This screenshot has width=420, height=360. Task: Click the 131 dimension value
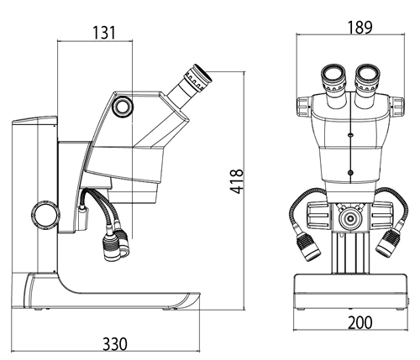[104, 33]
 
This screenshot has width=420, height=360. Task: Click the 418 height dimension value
[237, 181]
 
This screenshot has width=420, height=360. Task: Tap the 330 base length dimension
[115, 344]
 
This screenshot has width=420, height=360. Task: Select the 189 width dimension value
[360, 28]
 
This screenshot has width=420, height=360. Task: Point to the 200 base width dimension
[360, 322]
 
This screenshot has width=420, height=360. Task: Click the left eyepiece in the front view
[333, 86]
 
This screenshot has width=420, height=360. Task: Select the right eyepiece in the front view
[367, 86]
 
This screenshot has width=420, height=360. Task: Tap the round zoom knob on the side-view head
[123, 106]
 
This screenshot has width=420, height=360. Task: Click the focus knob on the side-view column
[45, 215]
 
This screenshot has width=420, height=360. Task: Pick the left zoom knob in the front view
[303, 107]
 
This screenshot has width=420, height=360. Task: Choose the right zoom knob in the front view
[396, 107]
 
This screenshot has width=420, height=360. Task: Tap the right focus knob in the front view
[383, 216]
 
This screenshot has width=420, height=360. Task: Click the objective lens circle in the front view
[350, 218]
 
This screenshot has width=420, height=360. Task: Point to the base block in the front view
[350, 291]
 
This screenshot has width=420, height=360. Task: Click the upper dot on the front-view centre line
[350, 135]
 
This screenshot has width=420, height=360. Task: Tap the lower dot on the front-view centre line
[350, 173]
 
